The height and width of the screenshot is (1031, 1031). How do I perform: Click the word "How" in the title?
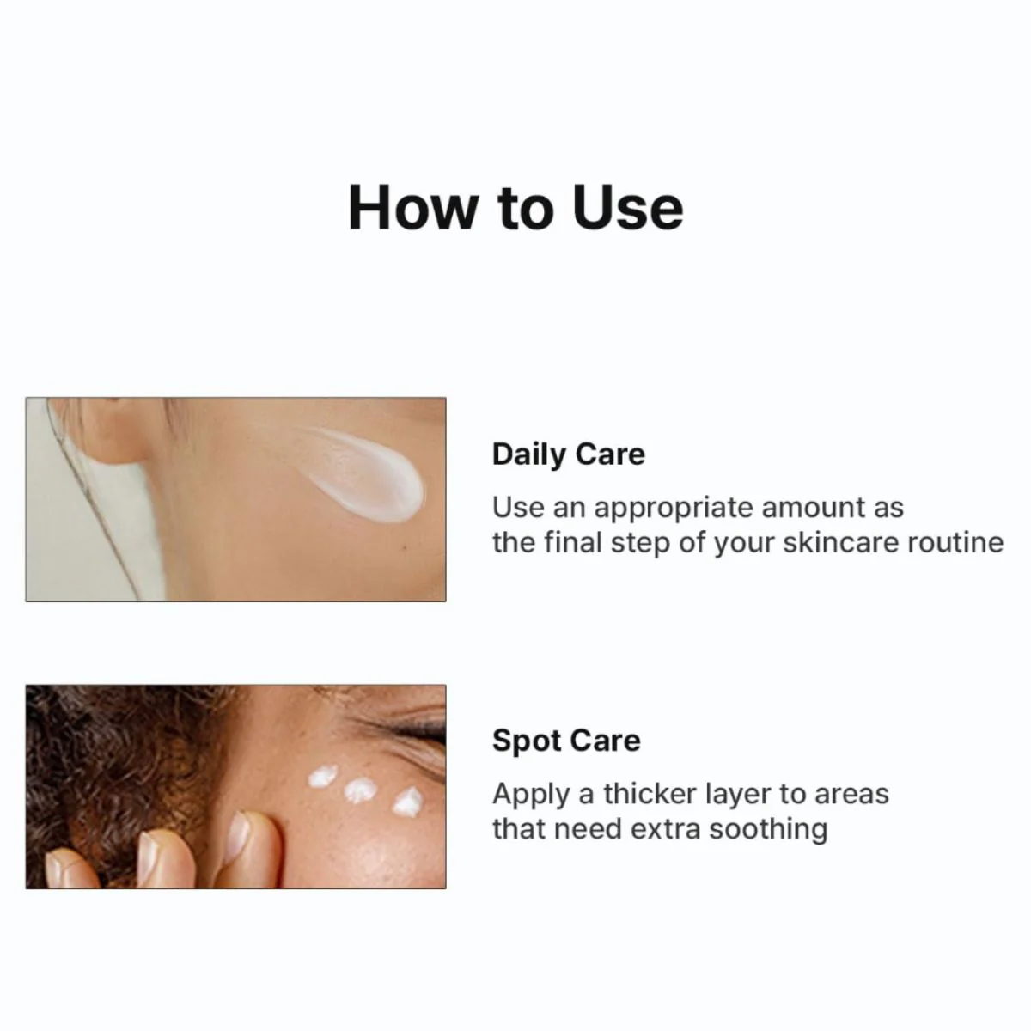tap(411, 208)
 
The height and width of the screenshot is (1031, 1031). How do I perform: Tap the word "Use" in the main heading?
tap(628, 208)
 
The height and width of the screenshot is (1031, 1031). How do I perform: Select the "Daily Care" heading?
tap(568, 455)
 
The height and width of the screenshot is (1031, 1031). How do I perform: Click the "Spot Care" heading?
tap(566, 741)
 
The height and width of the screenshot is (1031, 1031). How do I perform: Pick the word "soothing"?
tap(768, 830)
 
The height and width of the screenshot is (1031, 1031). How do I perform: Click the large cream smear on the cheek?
tap(357, 475)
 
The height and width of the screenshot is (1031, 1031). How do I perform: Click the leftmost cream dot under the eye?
tap(323, 776)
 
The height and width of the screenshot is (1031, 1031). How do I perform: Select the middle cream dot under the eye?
tap(360, 790)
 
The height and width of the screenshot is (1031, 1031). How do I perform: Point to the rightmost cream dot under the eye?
tap(408, 802)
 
